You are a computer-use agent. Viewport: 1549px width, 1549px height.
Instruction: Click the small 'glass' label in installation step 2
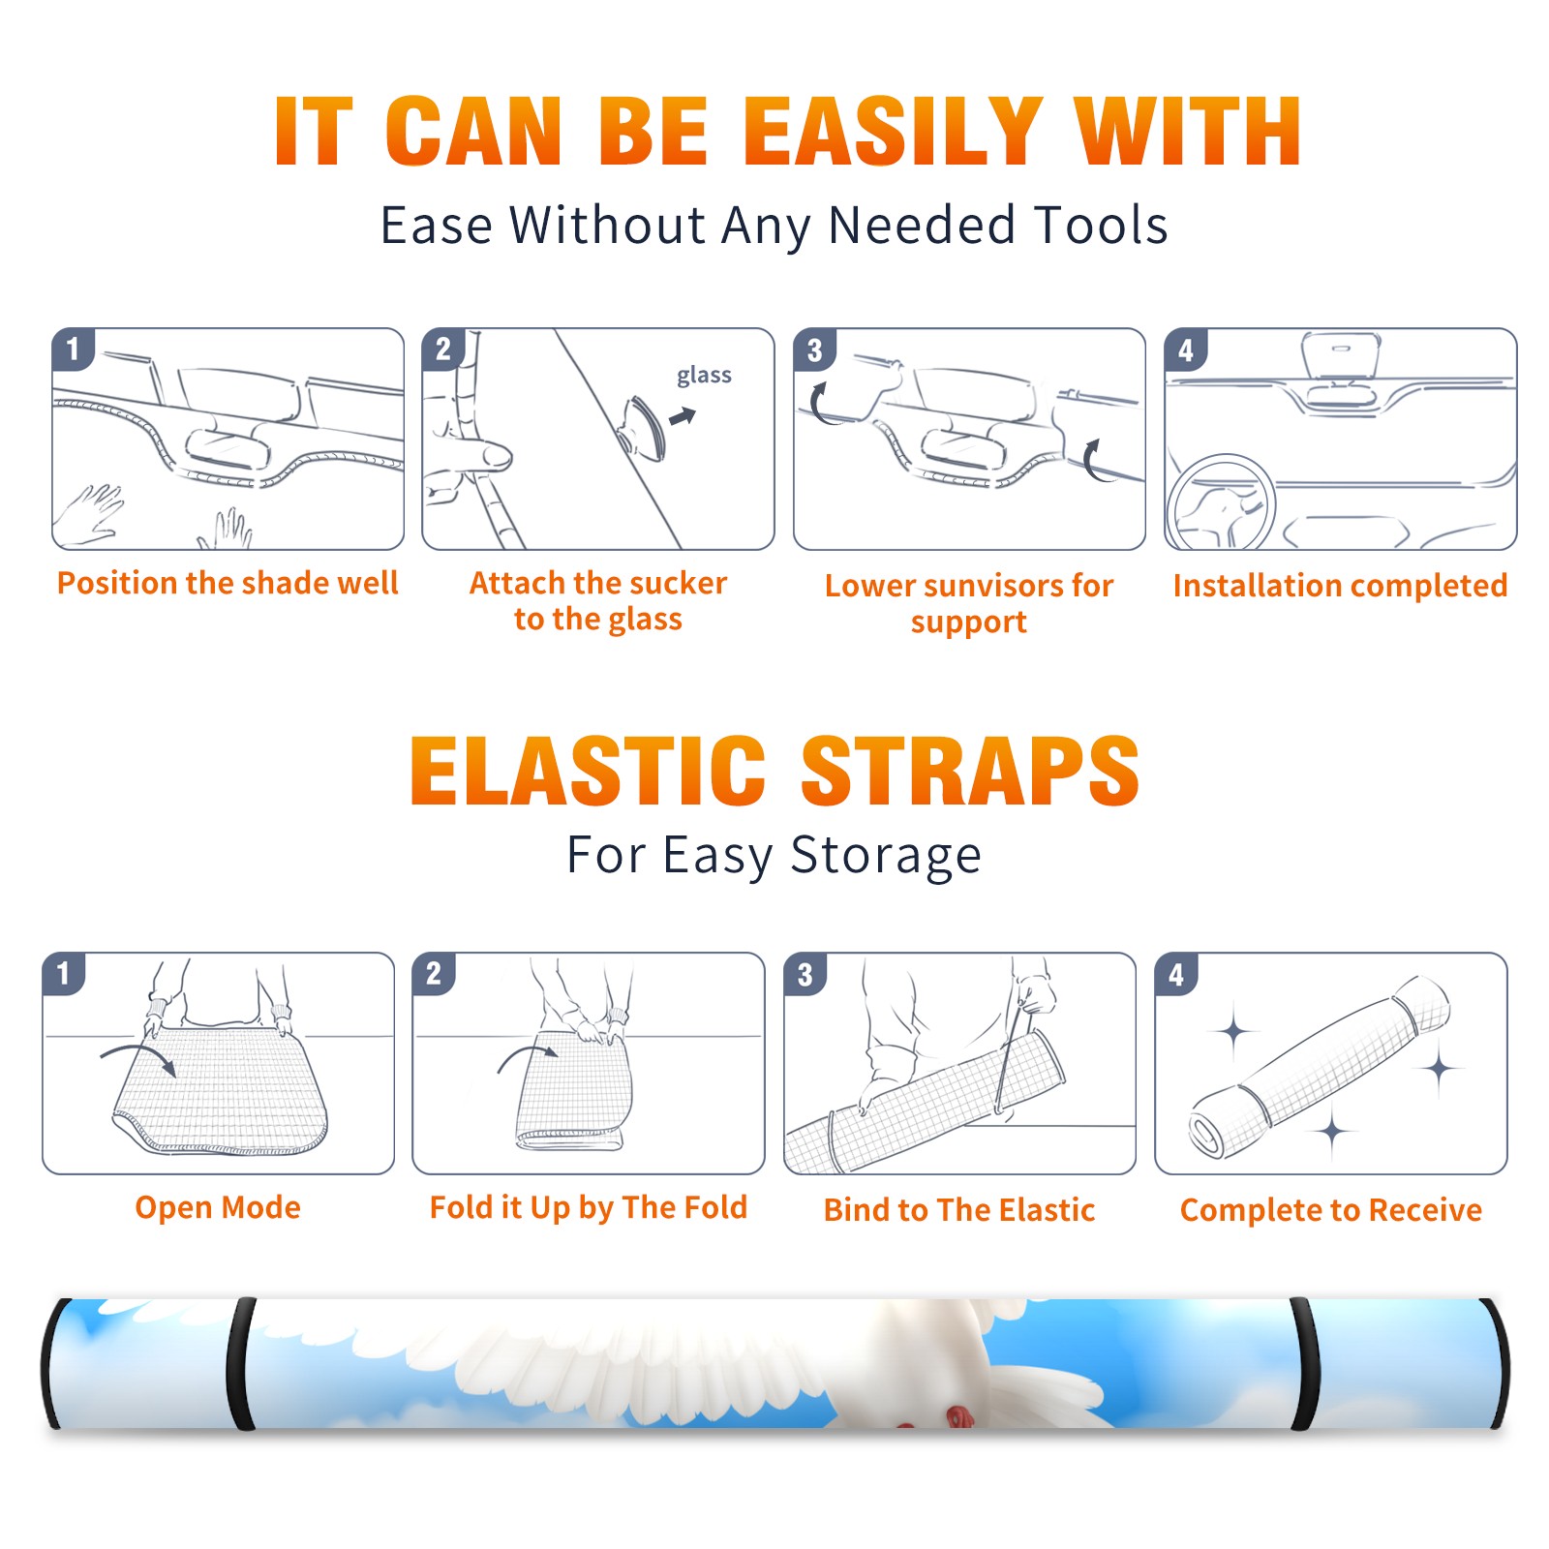pos(704,376)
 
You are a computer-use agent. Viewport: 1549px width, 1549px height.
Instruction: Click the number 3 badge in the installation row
pos(814,349)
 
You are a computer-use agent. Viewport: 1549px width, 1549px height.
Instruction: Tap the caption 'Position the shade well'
pos(228,583)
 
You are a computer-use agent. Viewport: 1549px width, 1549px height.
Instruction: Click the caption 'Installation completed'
pos(1340,585)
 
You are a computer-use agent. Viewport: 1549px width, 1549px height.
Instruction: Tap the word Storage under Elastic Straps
pos(886,856)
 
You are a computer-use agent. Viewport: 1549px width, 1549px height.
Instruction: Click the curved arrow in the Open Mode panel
pos(137,1057)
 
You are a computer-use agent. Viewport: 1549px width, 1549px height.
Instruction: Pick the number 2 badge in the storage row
pos(434,974)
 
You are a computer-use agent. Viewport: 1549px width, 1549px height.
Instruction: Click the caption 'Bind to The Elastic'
pos(959,1209)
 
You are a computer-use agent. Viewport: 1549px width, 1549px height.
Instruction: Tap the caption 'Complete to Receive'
pos(1331,1209)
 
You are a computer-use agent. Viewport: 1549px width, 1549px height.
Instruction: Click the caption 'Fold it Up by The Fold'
pos(589,1207)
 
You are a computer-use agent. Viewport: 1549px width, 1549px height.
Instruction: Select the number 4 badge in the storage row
pos(1176,974)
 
